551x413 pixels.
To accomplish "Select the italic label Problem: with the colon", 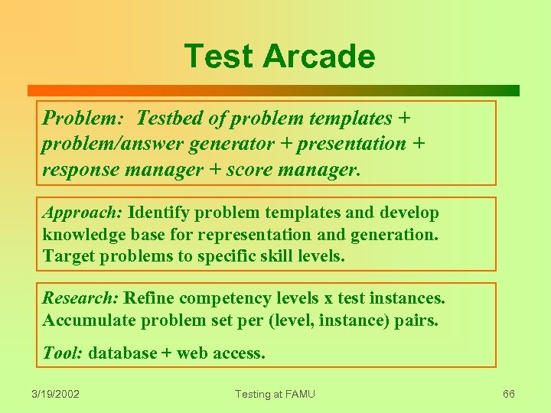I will [x=85, y=119].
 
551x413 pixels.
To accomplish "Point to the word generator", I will [x=234, y=144].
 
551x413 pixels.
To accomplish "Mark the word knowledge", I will [x=85, y=234].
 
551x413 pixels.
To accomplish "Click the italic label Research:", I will [x=80, y=298].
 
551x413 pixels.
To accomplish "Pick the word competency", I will [x=224, y=298].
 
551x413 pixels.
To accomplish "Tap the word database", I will [x=122, y=353].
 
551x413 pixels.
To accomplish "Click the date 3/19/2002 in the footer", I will [x=55, y=394].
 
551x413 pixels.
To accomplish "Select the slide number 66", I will [x=508, y=394].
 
